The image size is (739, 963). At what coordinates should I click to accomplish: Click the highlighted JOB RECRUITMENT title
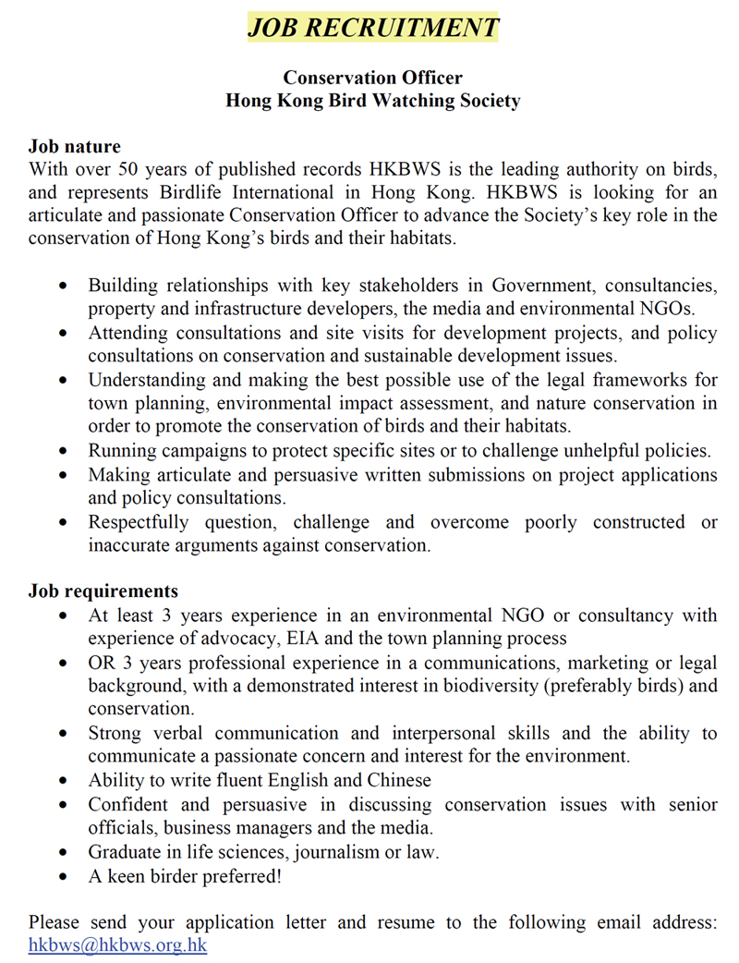click(x=372, y=28)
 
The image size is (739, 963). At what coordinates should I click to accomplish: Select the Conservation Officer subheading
click(x=372, y=78)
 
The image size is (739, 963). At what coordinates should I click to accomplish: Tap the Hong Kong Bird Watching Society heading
click(x=372, y=101)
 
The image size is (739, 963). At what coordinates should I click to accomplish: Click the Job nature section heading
click(x=74, y=147)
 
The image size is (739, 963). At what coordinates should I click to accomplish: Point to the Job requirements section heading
click(x=103, y=591)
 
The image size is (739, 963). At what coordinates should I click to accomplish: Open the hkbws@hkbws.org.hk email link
click(x=117, y=945)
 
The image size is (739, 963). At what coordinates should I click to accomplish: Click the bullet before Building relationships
click(x=63, y=286)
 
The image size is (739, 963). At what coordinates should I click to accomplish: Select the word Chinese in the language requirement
click(x=399, y=780)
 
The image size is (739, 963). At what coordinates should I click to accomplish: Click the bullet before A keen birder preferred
click(x=63, y=876)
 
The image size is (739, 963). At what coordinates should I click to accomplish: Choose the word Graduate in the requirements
click(x=123, y=851)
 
